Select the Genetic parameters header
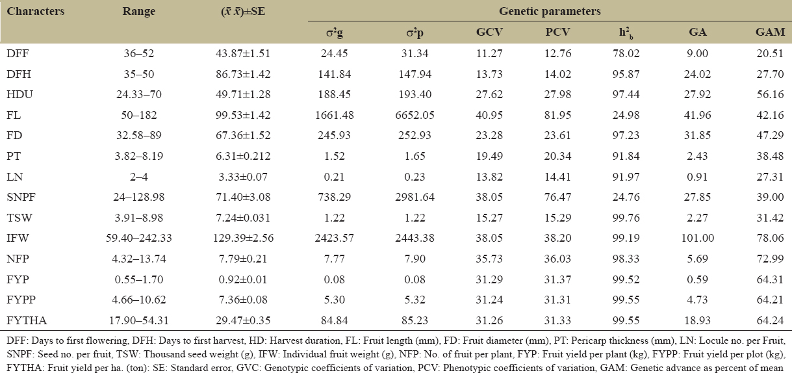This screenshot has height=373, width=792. point(549,12)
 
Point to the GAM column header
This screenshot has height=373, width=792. point(770,32)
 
